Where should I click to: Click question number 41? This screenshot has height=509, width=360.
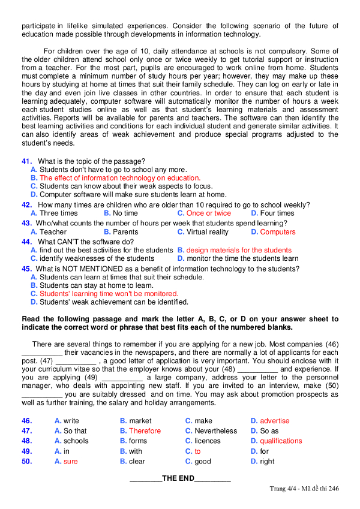26,161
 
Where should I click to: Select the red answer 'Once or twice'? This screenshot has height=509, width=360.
208,213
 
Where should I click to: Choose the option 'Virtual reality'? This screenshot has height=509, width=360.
208,231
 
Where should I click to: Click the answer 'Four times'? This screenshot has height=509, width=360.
277,213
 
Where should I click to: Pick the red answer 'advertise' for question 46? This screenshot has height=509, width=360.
274,421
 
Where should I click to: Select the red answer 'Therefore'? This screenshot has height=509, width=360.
145,431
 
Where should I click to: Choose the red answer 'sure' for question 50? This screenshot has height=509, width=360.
70,461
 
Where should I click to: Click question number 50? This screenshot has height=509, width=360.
26,461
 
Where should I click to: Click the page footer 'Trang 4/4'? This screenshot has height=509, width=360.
284,489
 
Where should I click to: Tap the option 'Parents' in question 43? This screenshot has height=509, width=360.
125,231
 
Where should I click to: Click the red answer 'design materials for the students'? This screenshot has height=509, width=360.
239,250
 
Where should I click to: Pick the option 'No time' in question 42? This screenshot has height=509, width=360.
125,213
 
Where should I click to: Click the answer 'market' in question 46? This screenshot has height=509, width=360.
140,421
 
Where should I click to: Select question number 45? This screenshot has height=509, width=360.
26,269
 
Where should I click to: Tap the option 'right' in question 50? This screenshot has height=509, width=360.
267,461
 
